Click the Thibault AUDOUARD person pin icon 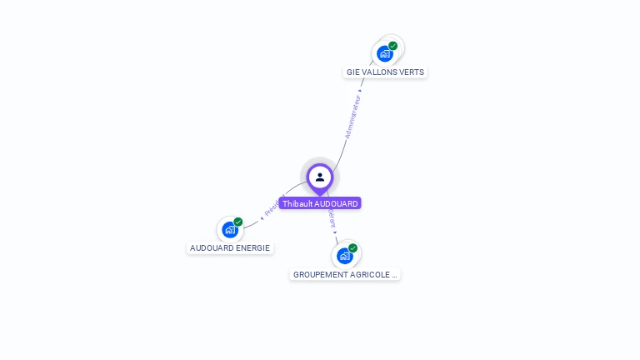point(320,177)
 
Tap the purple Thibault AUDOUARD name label point(320,203)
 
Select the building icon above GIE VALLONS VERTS point(384,54)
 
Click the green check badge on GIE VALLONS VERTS point(393,46)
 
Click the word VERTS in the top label point(412,72)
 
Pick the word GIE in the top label point(353,72)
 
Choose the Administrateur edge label point(353,117)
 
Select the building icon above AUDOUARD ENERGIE point(229,231)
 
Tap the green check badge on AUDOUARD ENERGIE point(238,222)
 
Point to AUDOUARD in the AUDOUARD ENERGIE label point(212,248)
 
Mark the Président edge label point(273,207)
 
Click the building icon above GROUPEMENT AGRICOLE point(344,256)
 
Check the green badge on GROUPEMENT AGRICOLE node point(353,248)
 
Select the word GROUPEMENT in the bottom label point(321,274)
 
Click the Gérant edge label point(332,219)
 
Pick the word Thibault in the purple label point(296,203)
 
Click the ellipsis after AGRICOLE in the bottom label point(394,274)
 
